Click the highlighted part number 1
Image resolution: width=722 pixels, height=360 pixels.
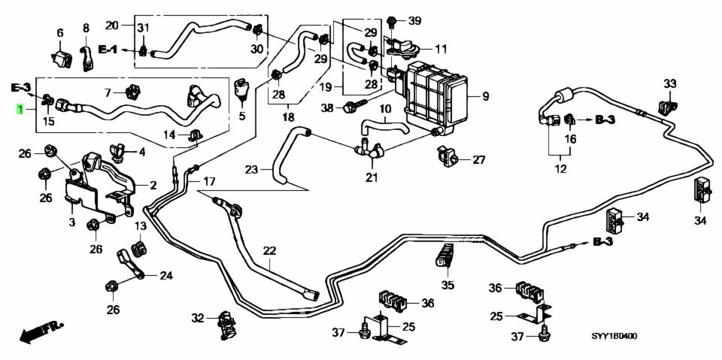20,110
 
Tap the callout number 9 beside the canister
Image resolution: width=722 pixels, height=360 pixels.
485,97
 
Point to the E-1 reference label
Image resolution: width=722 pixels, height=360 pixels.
108,49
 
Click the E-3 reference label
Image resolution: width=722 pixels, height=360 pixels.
21,87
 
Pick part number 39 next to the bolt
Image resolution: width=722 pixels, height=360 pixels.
414,21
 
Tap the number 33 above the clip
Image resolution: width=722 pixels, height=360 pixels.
670,83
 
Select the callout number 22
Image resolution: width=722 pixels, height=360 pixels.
269,251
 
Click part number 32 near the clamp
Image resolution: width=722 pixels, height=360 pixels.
198,317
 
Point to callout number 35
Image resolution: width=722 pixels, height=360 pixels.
447,285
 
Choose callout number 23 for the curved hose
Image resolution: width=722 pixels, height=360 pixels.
251,171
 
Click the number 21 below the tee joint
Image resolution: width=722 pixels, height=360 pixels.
372,177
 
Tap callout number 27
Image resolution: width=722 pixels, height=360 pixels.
479,160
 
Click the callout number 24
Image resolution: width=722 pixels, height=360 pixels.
165,276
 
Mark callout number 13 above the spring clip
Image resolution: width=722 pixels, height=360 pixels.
140,226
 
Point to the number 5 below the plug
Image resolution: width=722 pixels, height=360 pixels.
242,116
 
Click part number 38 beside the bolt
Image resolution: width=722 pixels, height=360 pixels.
327,107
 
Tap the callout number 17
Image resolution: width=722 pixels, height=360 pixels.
209,182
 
